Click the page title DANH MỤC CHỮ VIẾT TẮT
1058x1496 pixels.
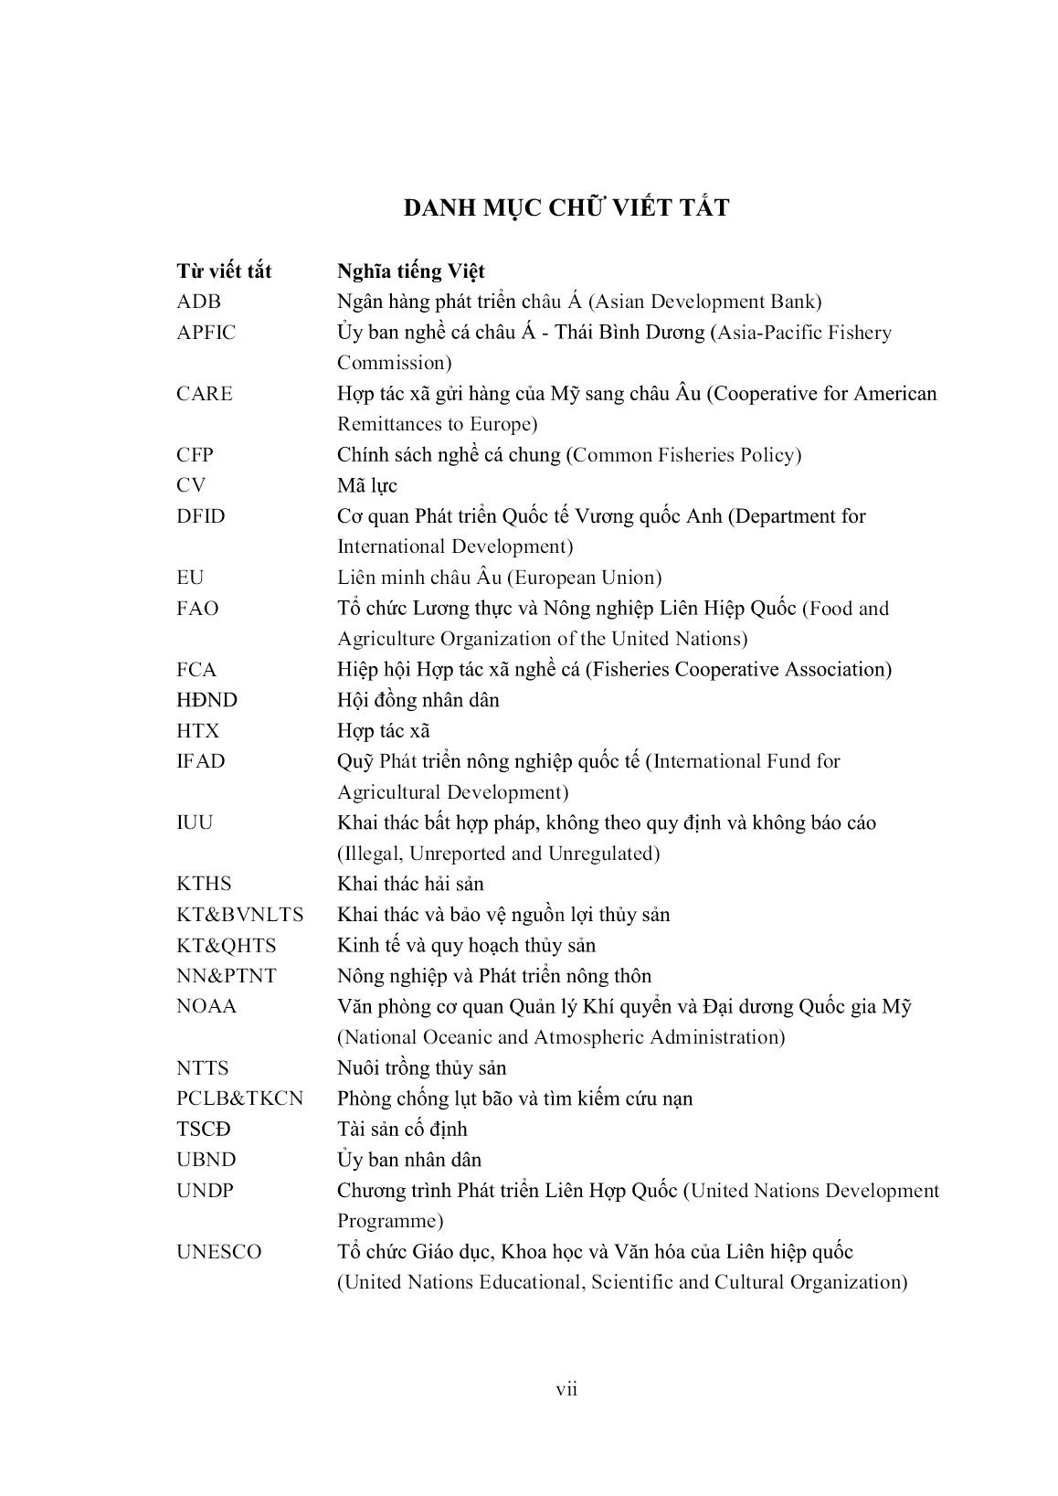coord(566,208)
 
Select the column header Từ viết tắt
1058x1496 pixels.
coord(224,271)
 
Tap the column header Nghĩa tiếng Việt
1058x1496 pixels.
coord(411,271)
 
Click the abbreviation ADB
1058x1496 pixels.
coord(198,302)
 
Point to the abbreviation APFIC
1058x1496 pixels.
coord(206,333)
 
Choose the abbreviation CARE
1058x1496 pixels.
coord(205,394)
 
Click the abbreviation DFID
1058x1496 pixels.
coord(200,516)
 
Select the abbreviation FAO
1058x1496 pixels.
coord(197,609)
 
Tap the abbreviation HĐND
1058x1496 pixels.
coord(206,700)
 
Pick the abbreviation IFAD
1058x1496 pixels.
coord(200,761)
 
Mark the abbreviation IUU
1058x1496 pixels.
coord(194,822)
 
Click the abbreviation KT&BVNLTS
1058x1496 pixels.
coord(239,915)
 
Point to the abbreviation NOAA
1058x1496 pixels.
coord(206,1006)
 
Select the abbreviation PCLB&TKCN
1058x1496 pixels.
coord(239,1098)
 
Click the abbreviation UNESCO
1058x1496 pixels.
coord(218,1252)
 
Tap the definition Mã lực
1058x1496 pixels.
coord(367,485)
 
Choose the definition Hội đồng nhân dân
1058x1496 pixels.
coord(418,700)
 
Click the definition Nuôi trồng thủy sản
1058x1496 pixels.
coord(421,1068)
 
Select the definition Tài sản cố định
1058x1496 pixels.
coord(402,1130)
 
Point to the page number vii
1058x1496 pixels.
coord(566,1390)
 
